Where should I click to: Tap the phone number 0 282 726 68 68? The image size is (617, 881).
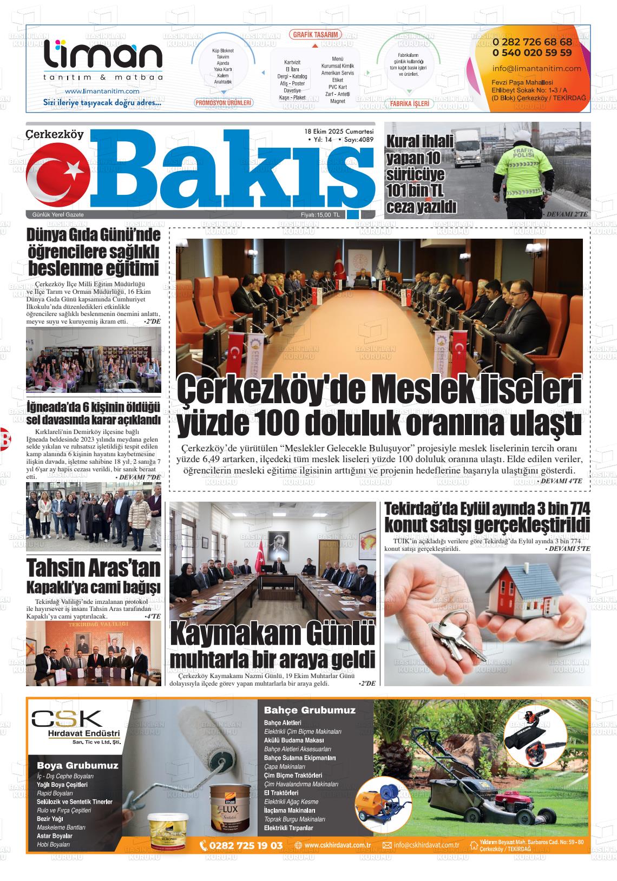point(532,42)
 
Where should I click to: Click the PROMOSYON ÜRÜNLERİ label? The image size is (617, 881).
point(224,102)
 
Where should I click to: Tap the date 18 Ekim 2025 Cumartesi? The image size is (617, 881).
point(339,132)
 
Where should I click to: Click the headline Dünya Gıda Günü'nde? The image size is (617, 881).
point(94,235)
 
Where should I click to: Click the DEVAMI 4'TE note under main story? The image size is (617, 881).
point(560,481)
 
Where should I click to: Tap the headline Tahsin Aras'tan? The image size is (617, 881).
point(94,568)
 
